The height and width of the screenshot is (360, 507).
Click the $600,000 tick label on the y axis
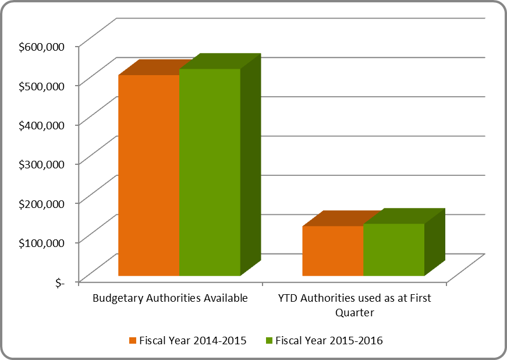coord(41,45)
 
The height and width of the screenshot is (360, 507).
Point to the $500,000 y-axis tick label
coord(41,85)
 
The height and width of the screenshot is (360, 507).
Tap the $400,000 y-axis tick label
coord(41,124)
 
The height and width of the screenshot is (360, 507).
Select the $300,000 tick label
coord(41,164)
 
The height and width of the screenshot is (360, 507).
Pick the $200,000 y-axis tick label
coord(41,203)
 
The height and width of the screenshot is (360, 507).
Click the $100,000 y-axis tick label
coord(41,242)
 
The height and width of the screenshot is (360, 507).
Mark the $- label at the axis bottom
coord(61,282)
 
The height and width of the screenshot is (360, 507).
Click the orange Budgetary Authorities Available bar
coord(148,175)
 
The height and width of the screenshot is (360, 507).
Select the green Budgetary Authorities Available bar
coord(210,172)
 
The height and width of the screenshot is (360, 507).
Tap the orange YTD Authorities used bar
coord(332,250)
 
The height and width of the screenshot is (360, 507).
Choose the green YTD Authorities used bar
coord(393,249)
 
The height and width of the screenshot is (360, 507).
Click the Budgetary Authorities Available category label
coord(171,298)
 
